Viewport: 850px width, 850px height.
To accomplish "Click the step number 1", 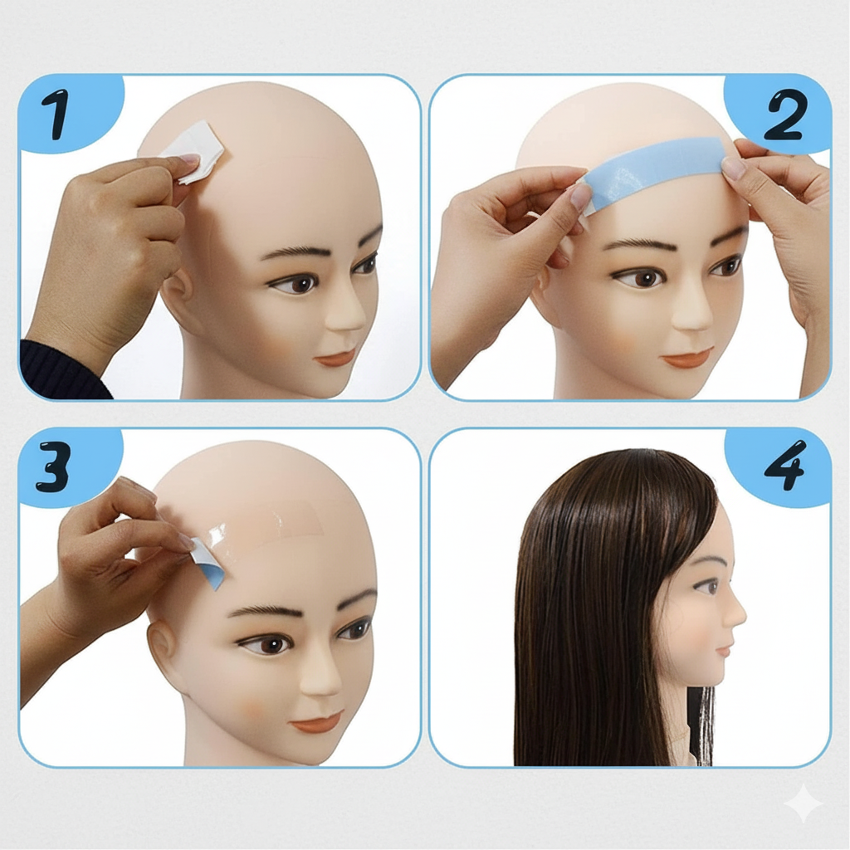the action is click(x=56, y=115).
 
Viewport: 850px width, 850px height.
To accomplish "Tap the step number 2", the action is click(x=785, y=115).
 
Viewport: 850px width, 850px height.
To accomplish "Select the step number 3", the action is click(x=53, y=467).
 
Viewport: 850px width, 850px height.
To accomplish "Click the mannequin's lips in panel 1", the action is click(x=335, y=358).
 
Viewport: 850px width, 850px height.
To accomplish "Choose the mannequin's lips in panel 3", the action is click(x=316, y=721).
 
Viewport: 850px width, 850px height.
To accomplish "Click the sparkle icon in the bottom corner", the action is click(x=804, y=804).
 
